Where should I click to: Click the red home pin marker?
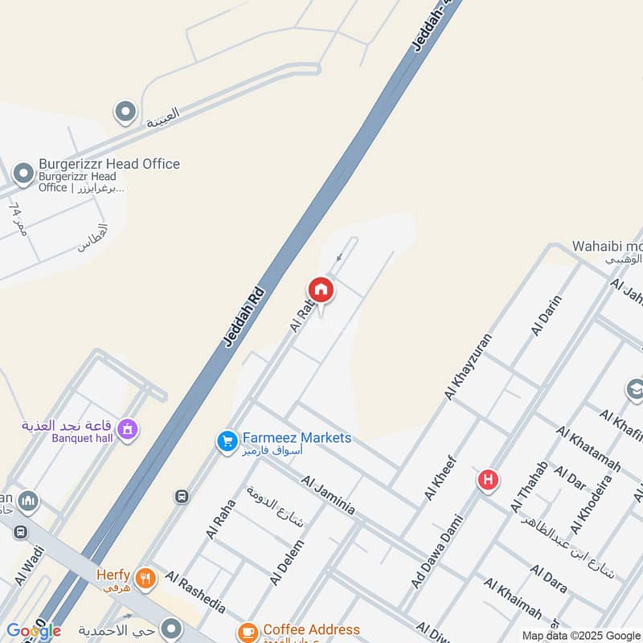point(321,290)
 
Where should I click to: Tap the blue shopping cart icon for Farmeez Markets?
point(227,440)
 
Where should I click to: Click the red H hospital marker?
point(487,481)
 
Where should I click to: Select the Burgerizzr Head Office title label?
point(109,164)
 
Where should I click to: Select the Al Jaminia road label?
point(328,494)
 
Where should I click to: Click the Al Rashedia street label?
point(195,592)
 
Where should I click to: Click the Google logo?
point(33,631)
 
